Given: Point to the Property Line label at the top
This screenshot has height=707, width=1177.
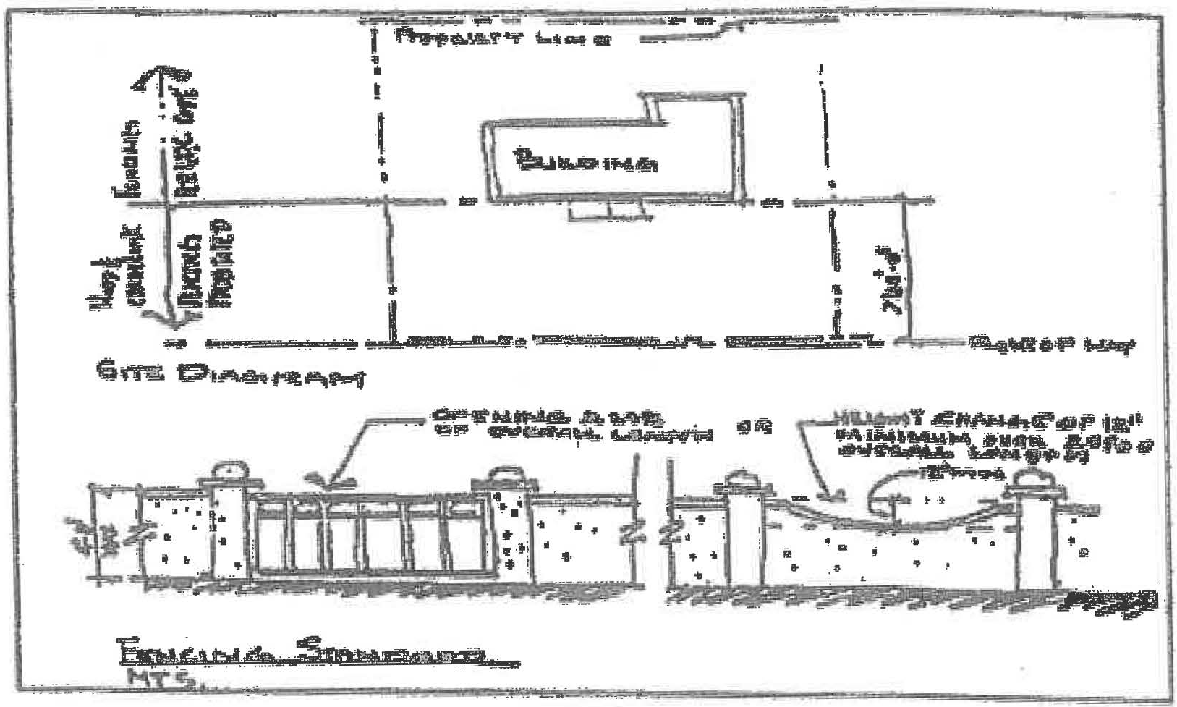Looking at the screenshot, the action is (506, 39).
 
